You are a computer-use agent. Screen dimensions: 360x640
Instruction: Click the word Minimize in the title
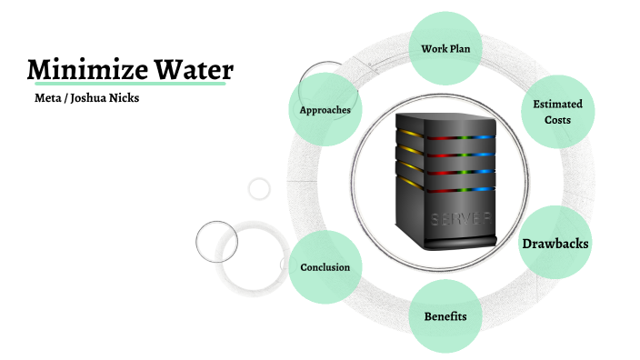coord(81,69)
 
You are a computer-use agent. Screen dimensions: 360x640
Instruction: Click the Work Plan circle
coord(445,46)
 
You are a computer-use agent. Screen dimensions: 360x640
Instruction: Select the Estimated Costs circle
coord(557,111)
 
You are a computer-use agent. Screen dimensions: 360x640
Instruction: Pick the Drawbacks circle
coord(555,244)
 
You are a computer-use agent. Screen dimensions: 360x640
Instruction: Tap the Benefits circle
coord(445,316)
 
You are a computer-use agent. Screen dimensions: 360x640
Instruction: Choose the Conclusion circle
coord(325,267)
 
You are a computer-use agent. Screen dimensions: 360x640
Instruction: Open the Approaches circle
coord(325,110)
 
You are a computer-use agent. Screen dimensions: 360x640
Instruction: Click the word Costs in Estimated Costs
coord(557,120)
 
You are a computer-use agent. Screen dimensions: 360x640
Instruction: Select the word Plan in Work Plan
coord(461,46)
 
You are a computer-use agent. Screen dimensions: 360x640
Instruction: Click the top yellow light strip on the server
coord(410,134)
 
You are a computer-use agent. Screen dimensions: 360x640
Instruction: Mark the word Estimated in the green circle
coord(557,104)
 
